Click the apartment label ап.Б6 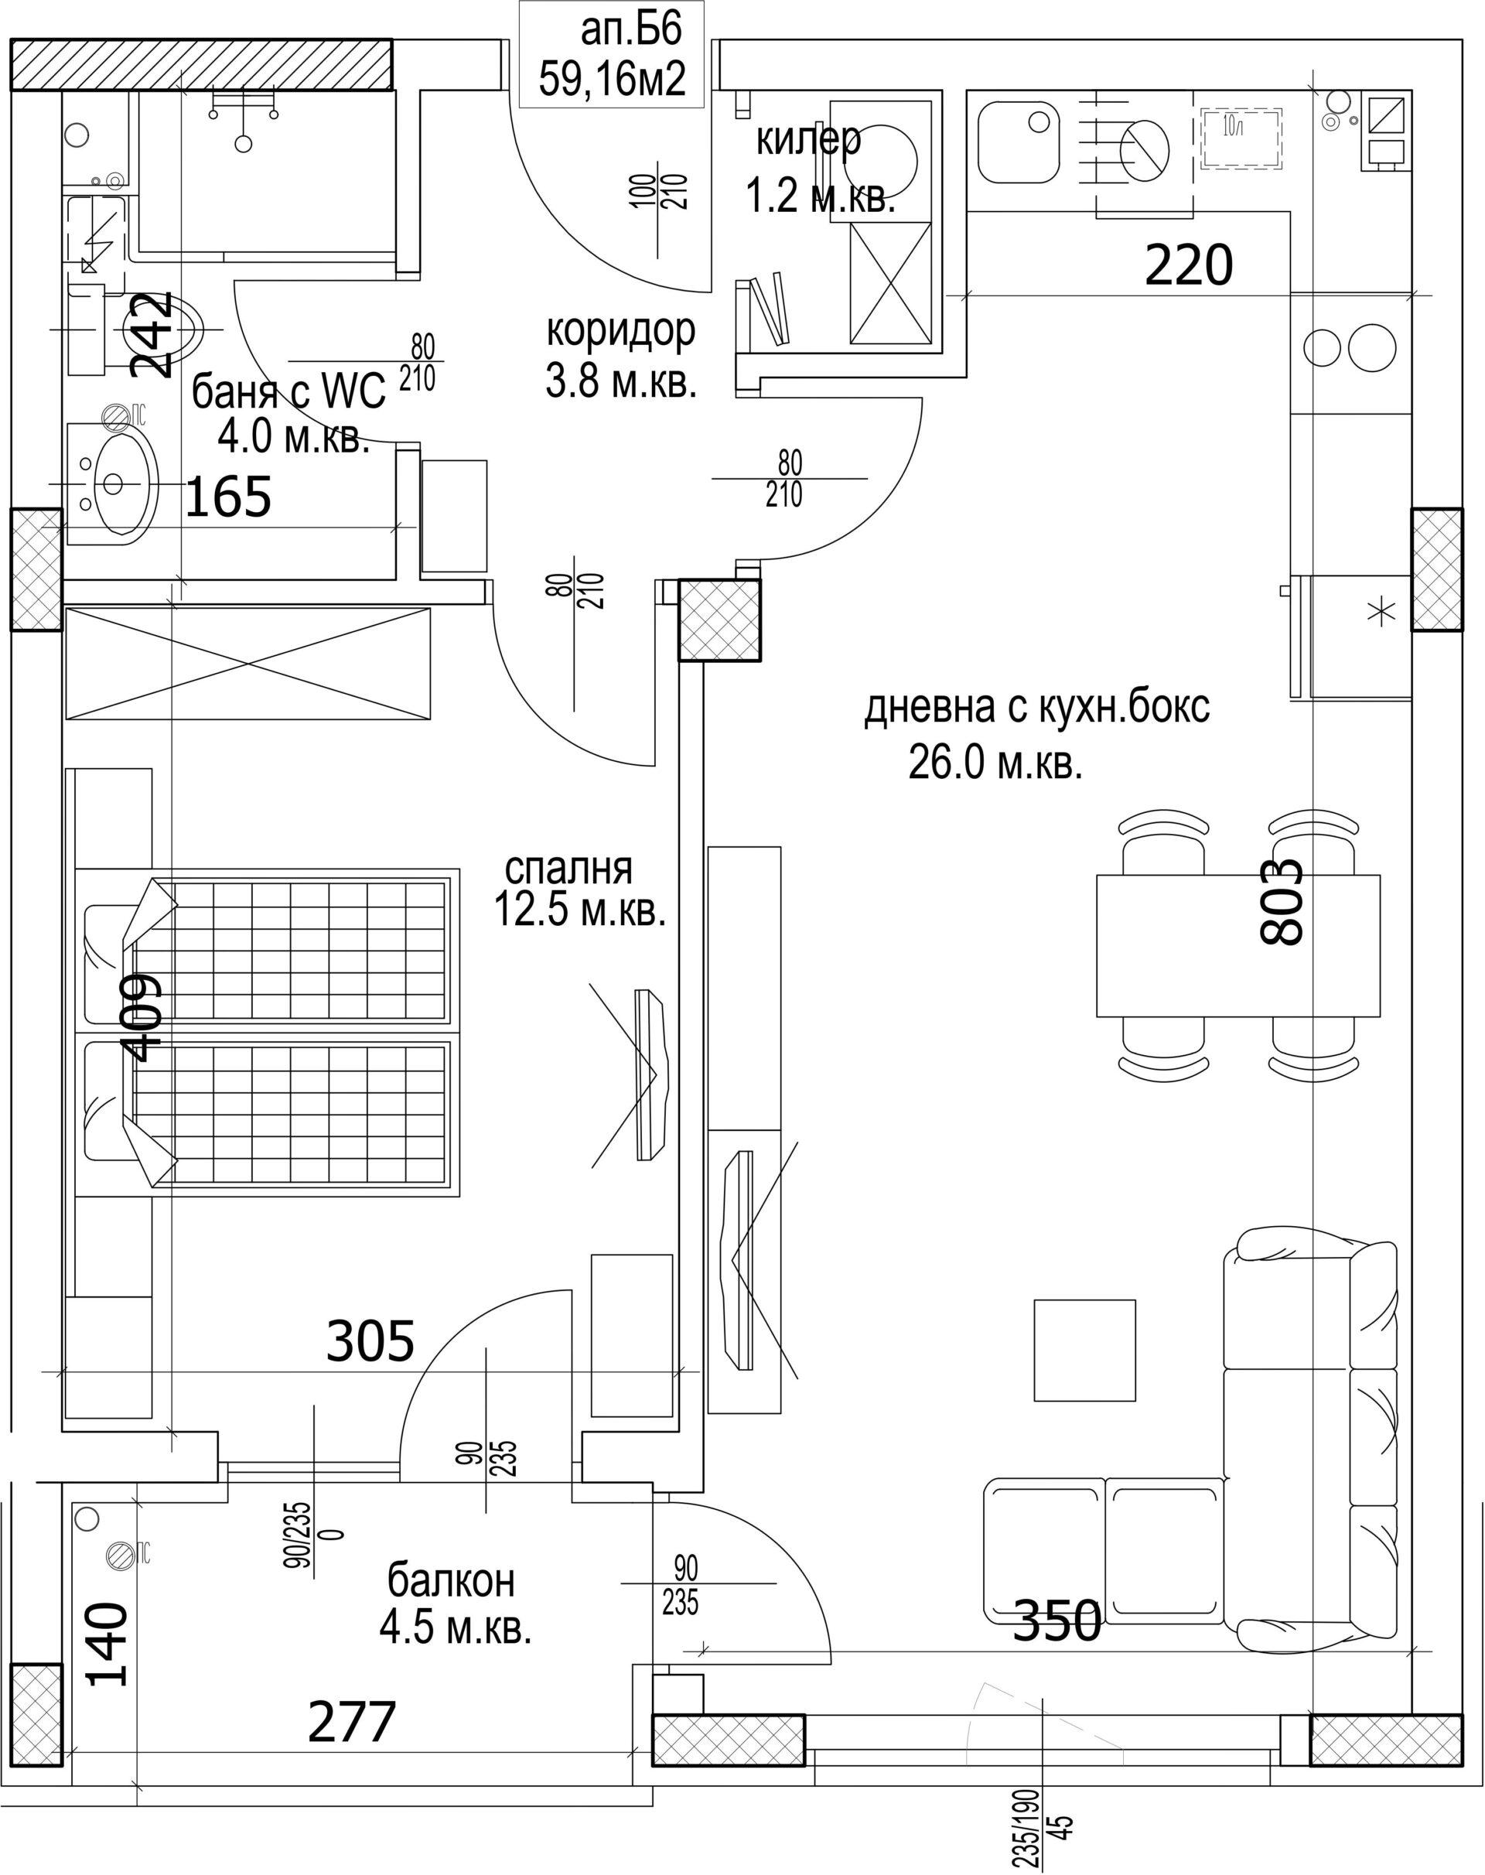[x=630, y=30]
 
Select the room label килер [x=808, y=139]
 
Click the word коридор [x=621, y=330]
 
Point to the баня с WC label [x=288, y=392]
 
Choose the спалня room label [x=568, y=868]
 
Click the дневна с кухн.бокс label [x=1036, y=708]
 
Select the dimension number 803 [x=1282, y=902]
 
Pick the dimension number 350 [x=1058, y=1621]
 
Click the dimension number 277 [x=352, y=1721]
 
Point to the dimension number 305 [x=370, y=1341]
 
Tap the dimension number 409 [x=139, y=1016]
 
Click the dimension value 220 [x=1189, y=265]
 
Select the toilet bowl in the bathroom [x=154, y=330]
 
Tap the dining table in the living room [x=1238, y=945]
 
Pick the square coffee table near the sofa [x=1085, y=1351]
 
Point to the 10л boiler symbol [x=1241, y=138]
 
